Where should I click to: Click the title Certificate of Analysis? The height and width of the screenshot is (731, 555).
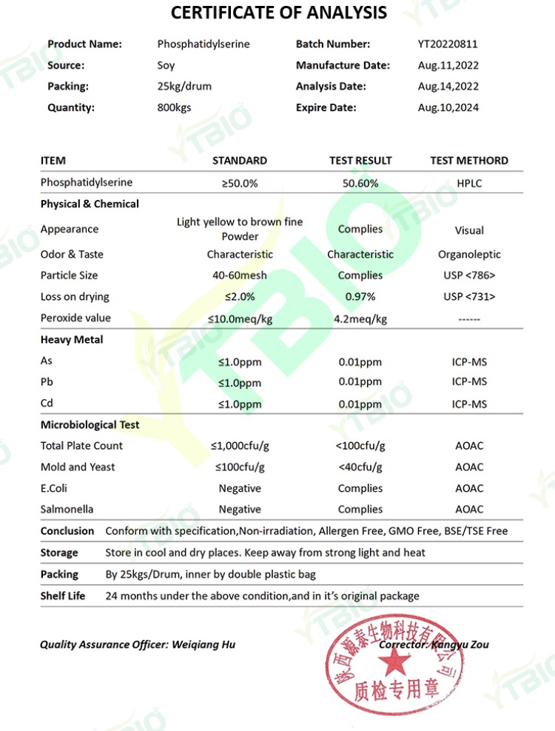(x=278, y=13)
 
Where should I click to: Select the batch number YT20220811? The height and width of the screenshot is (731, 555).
(x=448, y=44)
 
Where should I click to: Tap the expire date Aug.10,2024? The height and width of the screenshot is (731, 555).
(x=448, y=107)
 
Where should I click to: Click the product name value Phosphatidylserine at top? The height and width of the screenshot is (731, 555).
(x=203, y=44)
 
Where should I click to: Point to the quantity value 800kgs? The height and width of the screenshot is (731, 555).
(x=174, y=107)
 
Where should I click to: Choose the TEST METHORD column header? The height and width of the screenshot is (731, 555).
(x=469, y=160)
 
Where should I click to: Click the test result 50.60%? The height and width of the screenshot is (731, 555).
(x=360, y=183)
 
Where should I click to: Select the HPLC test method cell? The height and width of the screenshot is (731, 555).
(x=469, y=183)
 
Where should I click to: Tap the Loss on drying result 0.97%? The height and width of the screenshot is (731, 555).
(x=360, y=297)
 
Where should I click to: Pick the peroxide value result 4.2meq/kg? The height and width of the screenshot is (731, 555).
(x=360, y=319)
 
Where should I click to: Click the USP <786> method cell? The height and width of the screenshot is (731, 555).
(x=469, y=276)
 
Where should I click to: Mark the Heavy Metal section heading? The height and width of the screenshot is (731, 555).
(x=72, y=340)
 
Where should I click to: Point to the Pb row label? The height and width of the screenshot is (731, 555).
(x=47, y=382)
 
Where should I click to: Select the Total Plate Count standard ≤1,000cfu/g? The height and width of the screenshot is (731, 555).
(x=240, y=446)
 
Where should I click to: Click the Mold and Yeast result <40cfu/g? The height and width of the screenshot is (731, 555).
(x=360, y=467)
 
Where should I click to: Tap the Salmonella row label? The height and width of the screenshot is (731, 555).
(x=67, y=510)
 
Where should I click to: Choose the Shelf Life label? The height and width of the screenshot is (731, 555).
(x=63, y=595)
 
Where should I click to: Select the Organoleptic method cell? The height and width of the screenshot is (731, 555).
(x=469, y=254)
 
